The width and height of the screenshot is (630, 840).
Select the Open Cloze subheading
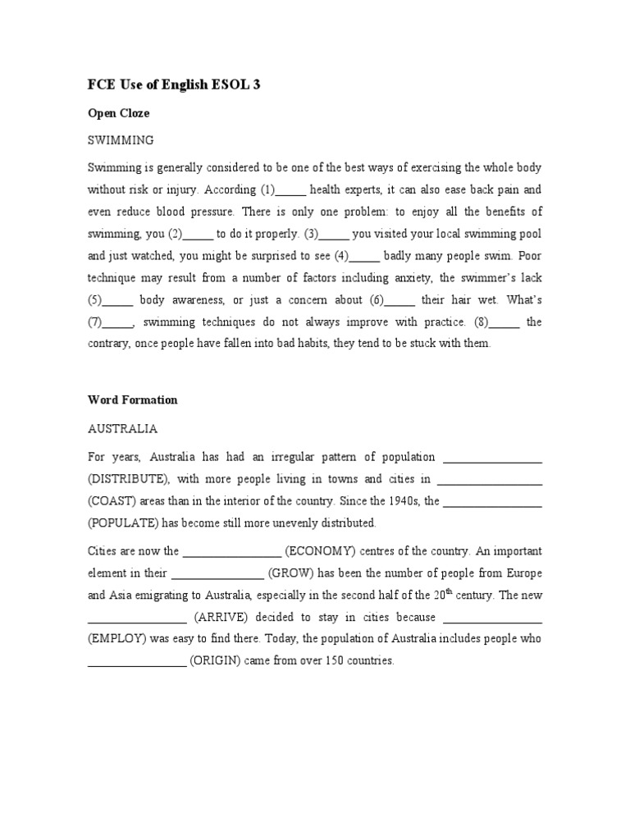(119, 113)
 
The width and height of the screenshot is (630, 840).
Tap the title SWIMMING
(121, 140)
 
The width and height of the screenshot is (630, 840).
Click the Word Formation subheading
(132, 400)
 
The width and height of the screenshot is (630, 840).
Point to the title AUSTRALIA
(122, 428)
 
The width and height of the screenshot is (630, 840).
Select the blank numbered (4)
(365, 255)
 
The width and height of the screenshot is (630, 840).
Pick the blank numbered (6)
(399, 299)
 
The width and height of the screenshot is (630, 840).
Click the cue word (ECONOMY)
(320, 551)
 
